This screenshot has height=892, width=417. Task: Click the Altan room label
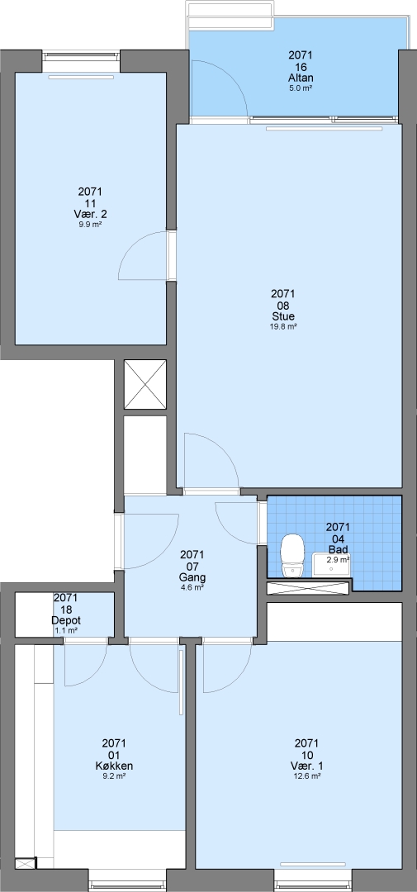coord(301,78)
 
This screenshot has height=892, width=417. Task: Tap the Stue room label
coord(282,316)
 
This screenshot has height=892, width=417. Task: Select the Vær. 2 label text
coord(91,215)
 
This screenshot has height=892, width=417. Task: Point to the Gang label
coord(192,576)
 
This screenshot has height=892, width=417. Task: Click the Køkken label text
coord(114,766)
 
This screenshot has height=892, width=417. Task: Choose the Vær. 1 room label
coord(306,766)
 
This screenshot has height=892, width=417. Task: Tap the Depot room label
coord(65,620)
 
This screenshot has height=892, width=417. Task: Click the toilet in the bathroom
coord(293,556)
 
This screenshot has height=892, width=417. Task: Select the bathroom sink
coord(331,565)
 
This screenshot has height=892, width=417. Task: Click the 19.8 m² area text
coord(282,326)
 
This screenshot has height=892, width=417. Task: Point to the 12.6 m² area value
coord(306,776)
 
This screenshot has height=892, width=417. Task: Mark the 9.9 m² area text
coord(91,225)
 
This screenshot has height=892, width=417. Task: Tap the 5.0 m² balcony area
coord(301,88)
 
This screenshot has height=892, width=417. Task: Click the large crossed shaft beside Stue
coord(145,384)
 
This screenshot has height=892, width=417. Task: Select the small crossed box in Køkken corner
coord(25,863)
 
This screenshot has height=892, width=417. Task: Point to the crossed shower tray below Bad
coord(308,588)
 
